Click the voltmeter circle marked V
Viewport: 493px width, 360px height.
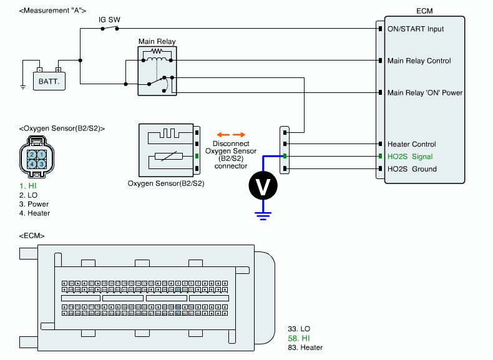(x=263, y=185)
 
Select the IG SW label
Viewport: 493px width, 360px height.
(x=109, y=20)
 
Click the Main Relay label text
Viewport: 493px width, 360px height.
(x=157, y=42)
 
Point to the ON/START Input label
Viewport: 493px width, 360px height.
(x=416, y=29)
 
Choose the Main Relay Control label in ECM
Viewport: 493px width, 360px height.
(x=419, y=61)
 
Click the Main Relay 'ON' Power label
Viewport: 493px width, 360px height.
(x=425, y=93)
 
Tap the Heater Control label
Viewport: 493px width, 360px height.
(x=412, y=144)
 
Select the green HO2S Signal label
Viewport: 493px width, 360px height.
(x=409, y=157)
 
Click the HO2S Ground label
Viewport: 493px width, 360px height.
(x=412, y=169)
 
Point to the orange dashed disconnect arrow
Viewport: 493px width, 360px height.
(x=230, y=134)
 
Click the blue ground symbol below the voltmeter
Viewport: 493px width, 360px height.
(x=263, y=216)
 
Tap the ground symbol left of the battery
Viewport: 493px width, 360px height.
(x=23, y=86)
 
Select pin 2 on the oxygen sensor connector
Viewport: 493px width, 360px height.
(x=31, y=154)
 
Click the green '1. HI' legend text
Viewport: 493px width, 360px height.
(x=27, y=185)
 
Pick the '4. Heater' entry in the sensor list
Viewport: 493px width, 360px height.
(x=34, y=213)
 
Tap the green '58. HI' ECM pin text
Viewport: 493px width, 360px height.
(x=298, y=338)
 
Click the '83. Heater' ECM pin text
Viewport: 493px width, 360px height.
(x=305, y=347)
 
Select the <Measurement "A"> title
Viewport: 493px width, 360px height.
(x=53, y=11)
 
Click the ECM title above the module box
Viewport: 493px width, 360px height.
(x=424, y=11)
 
